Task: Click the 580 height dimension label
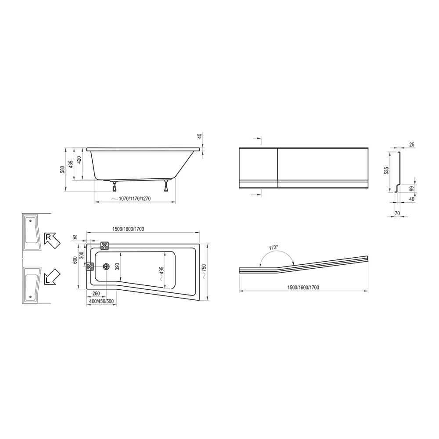tap(63, 169)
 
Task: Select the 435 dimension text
tap(71, 164)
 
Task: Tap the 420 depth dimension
tap(79, 160)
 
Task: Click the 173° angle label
tap(273, 248)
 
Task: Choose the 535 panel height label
tap(387, 171)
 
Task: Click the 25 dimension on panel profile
tap(412, 144)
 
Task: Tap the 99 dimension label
tap(412, 189)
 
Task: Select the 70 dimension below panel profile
tap(397, 213)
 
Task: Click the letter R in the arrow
tap(48, 237)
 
